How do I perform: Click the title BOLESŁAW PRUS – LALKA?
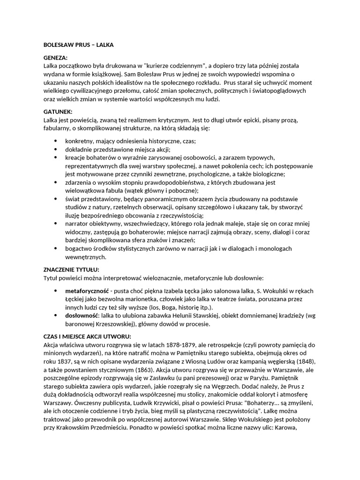coord(75,45)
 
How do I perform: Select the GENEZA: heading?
coord(55,58)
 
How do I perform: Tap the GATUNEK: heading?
coord(57,112)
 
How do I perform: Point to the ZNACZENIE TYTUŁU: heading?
coord(71,270)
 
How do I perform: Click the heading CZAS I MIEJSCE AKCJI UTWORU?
coord(87,337)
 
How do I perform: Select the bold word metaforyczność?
coord(87,291)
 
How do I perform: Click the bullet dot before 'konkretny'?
coord(56,141)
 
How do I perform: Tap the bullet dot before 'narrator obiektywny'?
coord(56,224)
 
